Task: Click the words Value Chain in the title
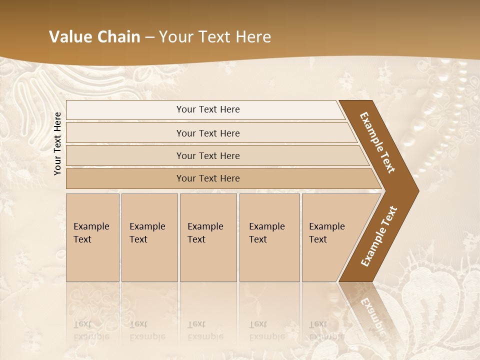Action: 94,37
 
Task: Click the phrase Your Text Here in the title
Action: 215,37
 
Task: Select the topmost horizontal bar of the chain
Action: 125,110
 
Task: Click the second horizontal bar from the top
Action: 125,133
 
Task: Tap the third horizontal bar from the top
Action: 125,155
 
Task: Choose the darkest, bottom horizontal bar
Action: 125,178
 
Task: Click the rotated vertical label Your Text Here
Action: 57,143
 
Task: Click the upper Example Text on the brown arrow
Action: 377,142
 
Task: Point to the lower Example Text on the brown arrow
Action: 379,236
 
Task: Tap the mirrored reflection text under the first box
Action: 91,330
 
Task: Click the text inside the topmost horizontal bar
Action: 208,109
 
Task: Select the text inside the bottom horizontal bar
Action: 208,178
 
